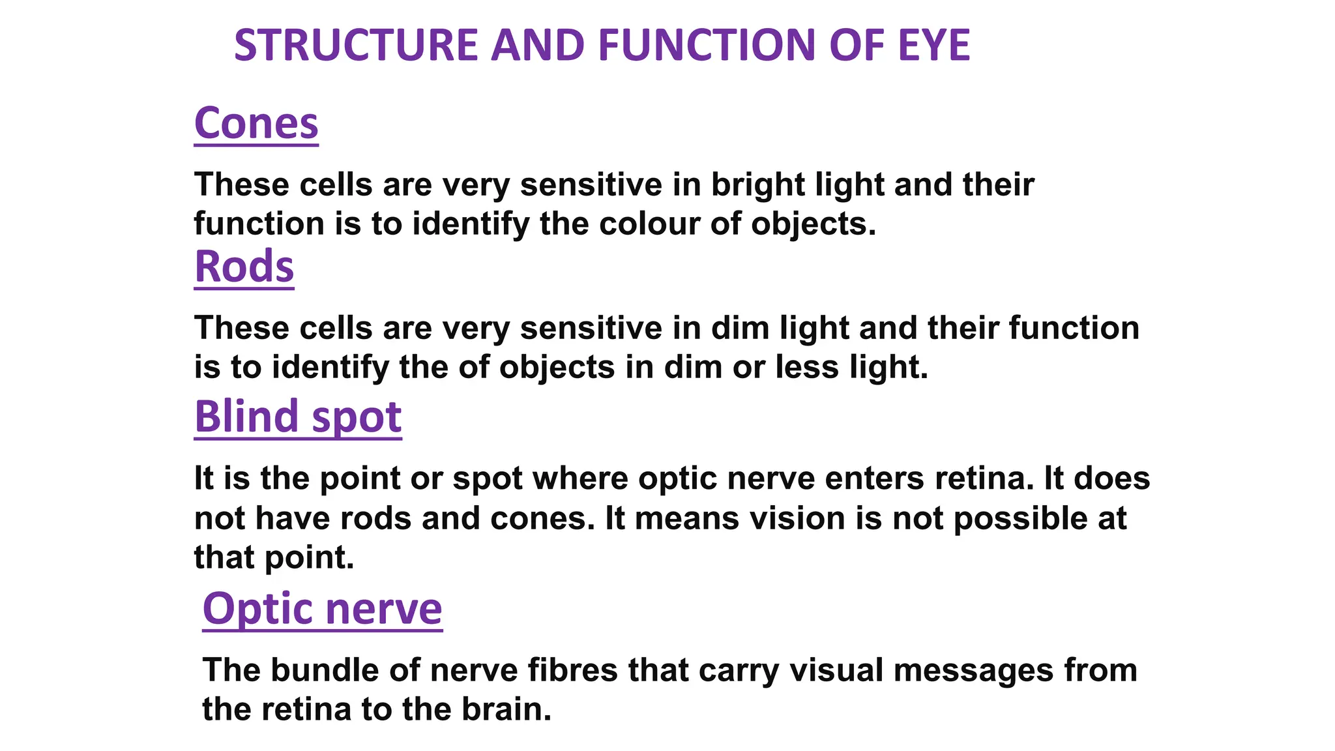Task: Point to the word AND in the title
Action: pos(538,46)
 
